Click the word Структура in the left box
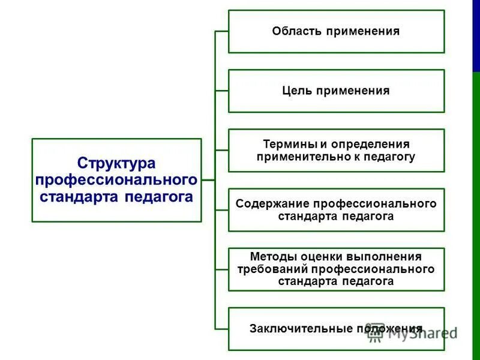[116, 163]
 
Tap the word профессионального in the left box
[116, 180]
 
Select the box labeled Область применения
[336, 31]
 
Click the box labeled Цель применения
[336, 91]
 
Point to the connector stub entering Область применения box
[222, 31]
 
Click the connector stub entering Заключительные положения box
[222, 328]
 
